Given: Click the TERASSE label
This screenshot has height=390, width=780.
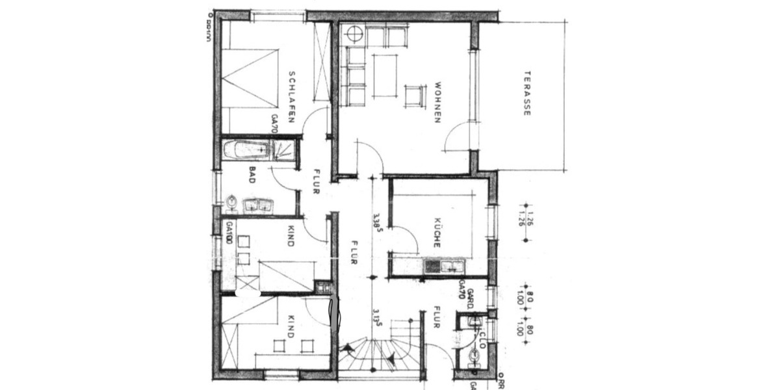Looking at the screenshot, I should pos(527,93).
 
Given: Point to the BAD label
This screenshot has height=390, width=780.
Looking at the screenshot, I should pos(251,175).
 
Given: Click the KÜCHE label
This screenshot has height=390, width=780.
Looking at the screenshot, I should pos(437,232).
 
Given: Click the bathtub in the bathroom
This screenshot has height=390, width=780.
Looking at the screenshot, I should pos(247,150).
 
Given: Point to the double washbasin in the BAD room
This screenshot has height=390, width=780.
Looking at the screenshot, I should pos(259,206).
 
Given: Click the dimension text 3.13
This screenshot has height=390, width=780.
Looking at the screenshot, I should pos(376,321).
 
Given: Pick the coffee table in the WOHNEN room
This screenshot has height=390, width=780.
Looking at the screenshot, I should pos(385,75).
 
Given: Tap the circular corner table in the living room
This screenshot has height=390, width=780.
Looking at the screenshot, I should pos(354,33).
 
